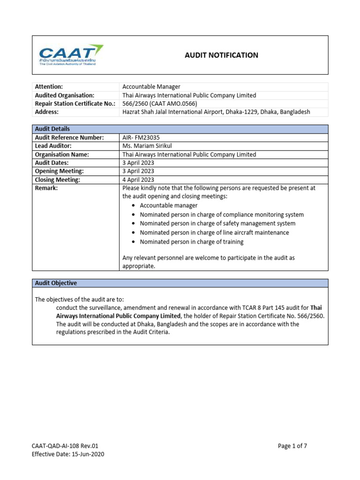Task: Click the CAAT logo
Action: (x=71, y=55)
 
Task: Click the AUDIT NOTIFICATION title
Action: (x=221, y=55)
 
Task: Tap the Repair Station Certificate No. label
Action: (x=75, y=104)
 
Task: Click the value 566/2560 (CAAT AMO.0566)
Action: (x=159, y=104)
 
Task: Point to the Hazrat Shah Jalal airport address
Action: (x=216, y=112)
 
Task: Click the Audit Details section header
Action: (x=52, y=129)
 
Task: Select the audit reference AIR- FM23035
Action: (x=141, y=137)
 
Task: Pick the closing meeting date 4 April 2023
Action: (x=138, y=180)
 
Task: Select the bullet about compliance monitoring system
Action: (x=222, y=215)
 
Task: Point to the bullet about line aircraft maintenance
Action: (x=214, y=232)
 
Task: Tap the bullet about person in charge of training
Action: (x=191, y=242)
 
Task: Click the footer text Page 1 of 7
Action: (x=292, y=446)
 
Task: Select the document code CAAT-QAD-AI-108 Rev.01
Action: (x=65, y=446)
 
